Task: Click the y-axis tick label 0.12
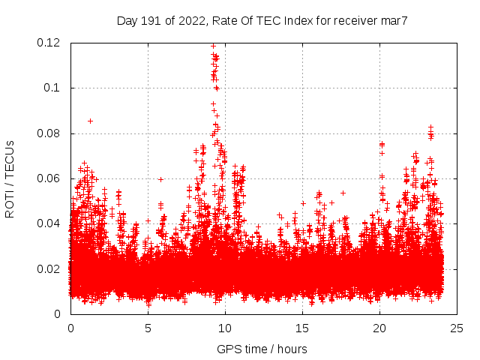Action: coord(49,43)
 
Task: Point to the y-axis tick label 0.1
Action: coord(52,88)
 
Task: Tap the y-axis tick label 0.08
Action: coord(49,133)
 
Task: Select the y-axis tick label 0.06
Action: coord(49,178)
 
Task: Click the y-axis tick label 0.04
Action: coord(49,223)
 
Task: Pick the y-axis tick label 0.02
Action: coord(49,268)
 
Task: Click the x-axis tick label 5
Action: coord(148,328)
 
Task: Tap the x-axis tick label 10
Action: coord(225,328)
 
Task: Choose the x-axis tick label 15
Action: coord(302,328)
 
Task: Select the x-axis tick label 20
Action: coord(379,328)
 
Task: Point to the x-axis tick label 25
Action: coord(457,328)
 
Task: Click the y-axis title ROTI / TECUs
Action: coord(10,178)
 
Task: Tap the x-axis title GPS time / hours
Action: coord(262,349)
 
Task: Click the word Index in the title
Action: coord(289,21)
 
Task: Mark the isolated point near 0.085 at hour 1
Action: coord(91,121)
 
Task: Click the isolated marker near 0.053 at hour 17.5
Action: coord(343,193)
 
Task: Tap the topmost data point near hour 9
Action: coord(214,45)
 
